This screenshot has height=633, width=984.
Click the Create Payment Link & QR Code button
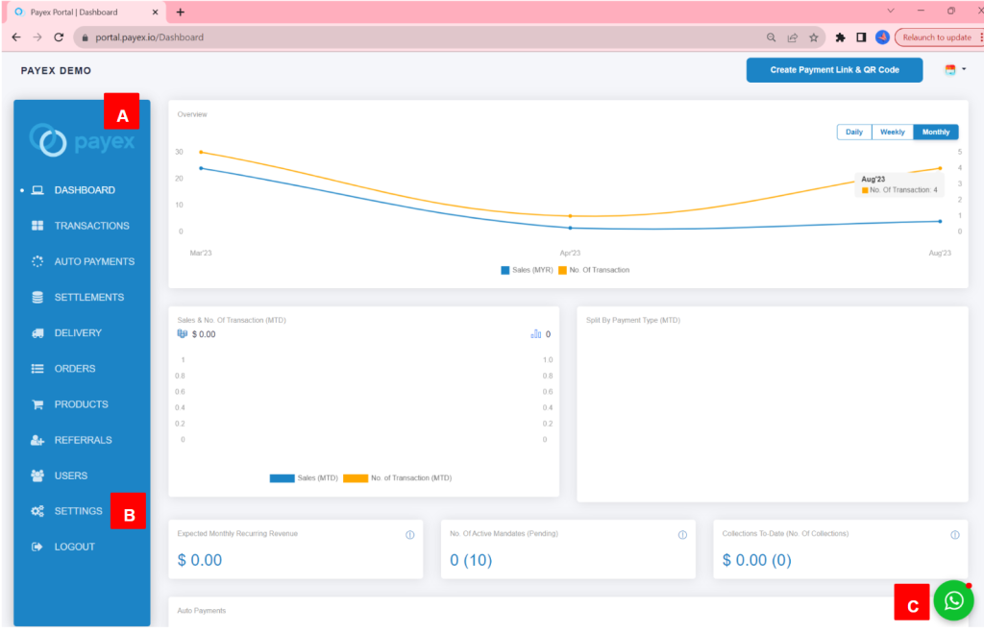834,70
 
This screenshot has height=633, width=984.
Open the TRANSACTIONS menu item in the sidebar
91,226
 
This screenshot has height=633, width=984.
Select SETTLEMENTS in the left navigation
88,297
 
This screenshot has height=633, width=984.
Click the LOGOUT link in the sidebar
74,547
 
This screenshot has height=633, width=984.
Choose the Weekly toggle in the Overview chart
892,133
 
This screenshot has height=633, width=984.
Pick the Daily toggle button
853,133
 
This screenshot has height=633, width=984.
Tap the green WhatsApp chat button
953,600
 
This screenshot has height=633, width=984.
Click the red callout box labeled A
121,115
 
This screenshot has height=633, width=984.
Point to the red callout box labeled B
129,514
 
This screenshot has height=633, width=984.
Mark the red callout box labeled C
912,605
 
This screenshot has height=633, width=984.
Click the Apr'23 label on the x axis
570,253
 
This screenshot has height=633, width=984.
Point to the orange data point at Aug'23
940,168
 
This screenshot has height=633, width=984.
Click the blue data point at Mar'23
201,168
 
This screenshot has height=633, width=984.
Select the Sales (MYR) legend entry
528,270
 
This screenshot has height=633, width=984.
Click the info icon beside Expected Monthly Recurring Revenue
409,535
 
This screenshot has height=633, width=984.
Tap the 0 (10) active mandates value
471,560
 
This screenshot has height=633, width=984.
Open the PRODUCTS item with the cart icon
81,404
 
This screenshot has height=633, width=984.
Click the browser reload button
59,37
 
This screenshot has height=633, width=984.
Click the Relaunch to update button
936,37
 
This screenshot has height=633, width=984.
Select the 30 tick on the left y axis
180,152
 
